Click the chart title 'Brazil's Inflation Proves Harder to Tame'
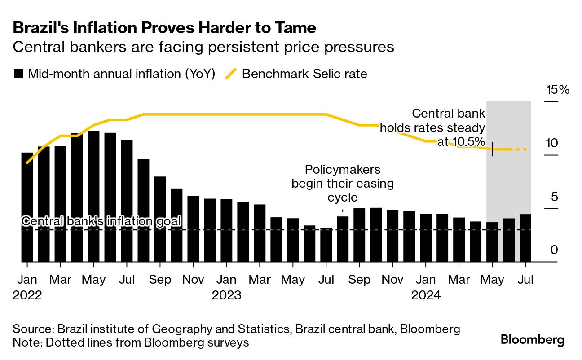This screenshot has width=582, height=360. pyautogui.click(x=164, y=28)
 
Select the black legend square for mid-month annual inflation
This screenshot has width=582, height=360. pyautogui.click(x=18, y=74)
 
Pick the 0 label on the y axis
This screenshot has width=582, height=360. pyautogui.click(x=554, y=250)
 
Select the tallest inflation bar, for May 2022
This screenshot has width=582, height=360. pyautogui.click(x=93, y=196)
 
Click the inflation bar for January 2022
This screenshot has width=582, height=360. pyautogui.click(x=27, y=207)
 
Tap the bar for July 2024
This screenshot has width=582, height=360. pyautogui.click(x=525, y=238)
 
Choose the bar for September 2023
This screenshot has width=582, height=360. pyautogui.click(x=359, y=235)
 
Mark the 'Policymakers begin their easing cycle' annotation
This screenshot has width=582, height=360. pyautogui.click(x=343, y=184)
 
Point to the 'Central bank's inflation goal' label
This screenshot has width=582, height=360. pyautogui.click(x=101, y=221)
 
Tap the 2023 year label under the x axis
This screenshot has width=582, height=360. pyautogui.click(x=226, y=296)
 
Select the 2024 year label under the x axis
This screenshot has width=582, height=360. pyautogui.click(x=426, y=296)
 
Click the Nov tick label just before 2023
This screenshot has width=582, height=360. pyautogui.click(x=194, y=280)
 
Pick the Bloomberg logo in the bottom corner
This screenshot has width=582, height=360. pyautogui.click(x=533, y=340)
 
